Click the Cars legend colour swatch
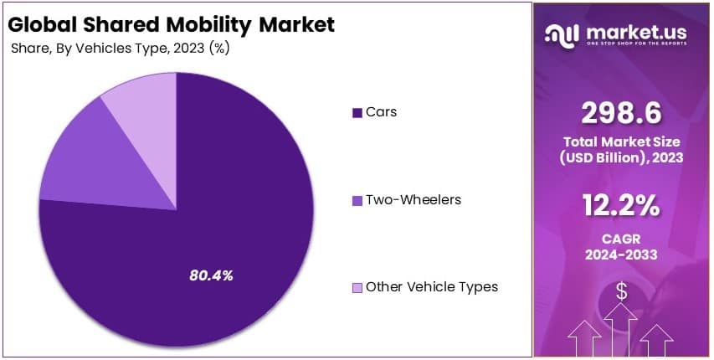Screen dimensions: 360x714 point(357,113)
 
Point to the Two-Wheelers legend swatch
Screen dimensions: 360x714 point(357,201)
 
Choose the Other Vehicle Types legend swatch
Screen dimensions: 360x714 point(357,288)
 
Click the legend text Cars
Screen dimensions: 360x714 point(381,112)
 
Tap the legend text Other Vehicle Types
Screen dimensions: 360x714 point(431,287)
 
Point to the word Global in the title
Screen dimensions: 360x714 point(42,24)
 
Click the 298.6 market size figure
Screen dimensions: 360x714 point(621,111)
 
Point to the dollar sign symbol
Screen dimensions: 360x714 point(621,291)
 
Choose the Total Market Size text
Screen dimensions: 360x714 point(621,143)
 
